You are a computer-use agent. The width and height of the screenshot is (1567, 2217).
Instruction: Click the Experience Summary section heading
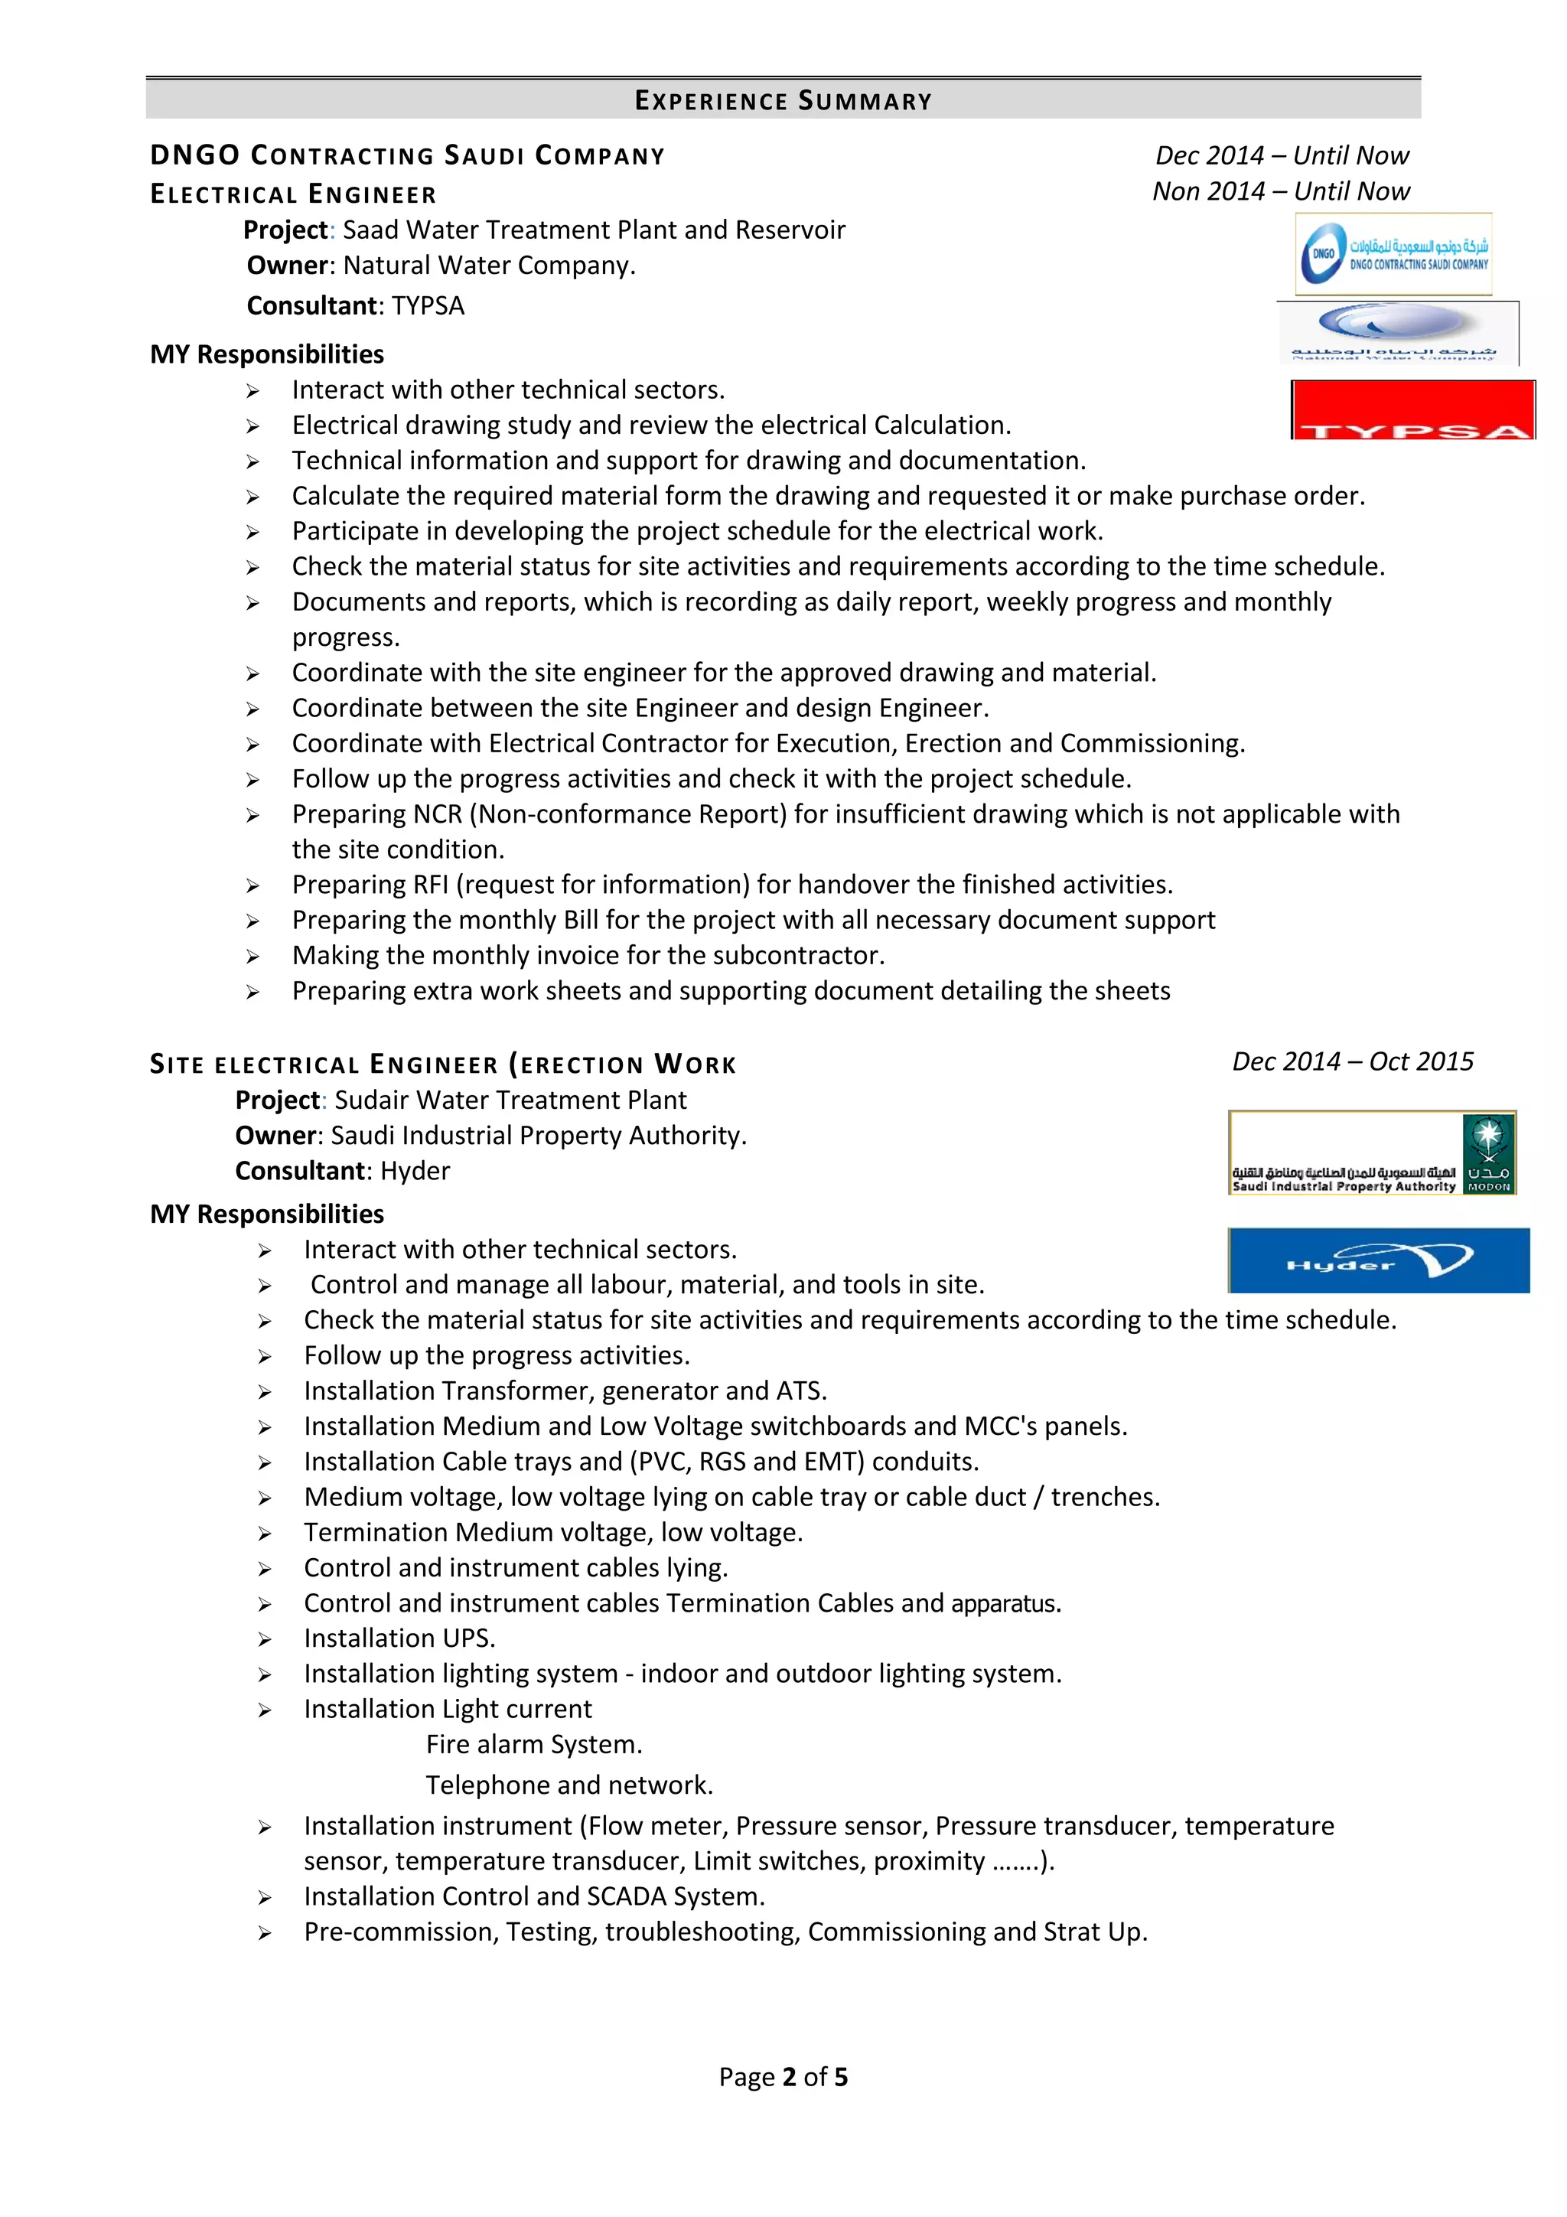coord(783,100)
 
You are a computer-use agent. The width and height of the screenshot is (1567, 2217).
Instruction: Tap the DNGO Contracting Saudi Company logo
coord(1393,254)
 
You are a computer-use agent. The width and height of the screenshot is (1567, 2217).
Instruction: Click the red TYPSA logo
coord(1412,410)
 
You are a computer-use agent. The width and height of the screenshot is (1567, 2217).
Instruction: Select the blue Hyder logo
coord(1379,1260)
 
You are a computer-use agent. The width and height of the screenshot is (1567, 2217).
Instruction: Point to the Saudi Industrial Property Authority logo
coord(1372,1153)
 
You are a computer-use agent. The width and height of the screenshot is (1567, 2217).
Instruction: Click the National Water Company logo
coord(1397,333)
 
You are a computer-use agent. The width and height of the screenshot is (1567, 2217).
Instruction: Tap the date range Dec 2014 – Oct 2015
coord(1353,1061)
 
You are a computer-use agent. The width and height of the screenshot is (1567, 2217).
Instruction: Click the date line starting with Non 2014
coord(1281,191)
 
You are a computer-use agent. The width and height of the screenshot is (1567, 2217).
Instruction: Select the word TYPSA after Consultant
coord(428,306)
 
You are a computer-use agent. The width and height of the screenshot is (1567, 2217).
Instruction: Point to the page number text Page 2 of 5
coord(783,2077)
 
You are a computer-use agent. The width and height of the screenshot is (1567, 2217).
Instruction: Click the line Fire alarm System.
coord(534,1745)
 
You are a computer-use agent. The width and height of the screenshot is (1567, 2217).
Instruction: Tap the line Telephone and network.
coord(569,1785)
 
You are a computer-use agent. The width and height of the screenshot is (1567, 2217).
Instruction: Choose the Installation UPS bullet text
coord(399,1638)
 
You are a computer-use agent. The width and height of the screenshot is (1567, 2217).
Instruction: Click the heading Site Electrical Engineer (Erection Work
coord(443,1065)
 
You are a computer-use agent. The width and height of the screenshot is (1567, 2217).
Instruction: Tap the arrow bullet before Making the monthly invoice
coord(253,957)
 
